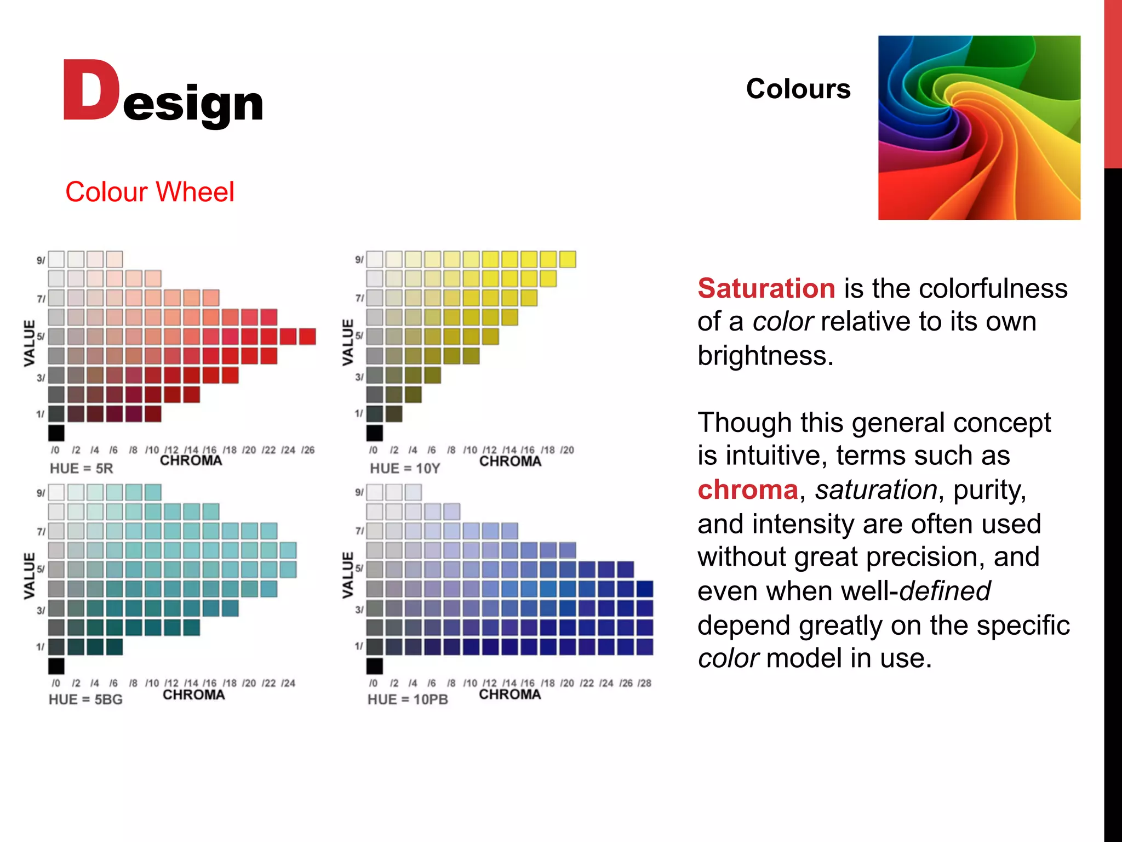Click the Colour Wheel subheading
[150, 192]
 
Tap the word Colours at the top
[798, 89]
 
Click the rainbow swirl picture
[979, 128]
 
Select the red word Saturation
[766, 288]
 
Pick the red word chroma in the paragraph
[747, 490]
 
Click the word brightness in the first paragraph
[765, 356]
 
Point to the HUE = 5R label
[81, 469]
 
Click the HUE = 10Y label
[405, 469]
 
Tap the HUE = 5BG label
[85, 700]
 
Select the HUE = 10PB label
[408, 700]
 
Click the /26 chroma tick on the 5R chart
[308, 450]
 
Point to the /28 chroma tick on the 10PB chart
[645, 683]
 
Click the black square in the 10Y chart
[375, 433]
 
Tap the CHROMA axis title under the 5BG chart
[194, 695]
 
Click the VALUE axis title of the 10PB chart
[348, 575]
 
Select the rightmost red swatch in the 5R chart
[307, 337]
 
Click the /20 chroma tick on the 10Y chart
[567, 450]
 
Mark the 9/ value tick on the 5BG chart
[41, 493]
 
